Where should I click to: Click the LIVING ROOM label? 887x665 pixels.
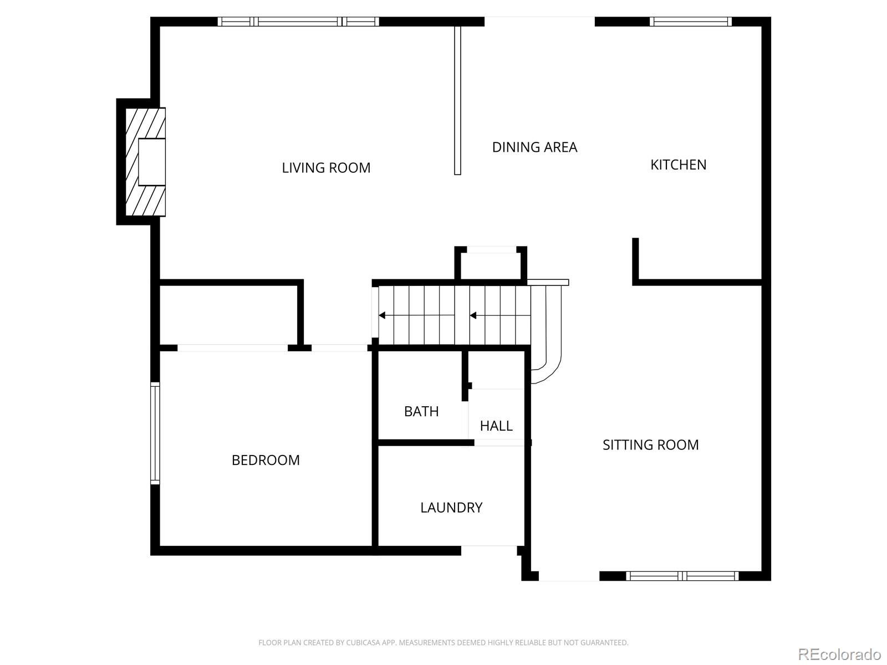click(326, 168)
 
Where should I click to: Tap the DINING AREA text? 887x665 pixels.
click(534, 147)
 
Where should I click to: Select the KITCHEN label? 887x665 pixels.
click(678, 165)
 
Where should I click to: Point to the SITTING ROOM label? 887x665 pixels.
click(650, 445)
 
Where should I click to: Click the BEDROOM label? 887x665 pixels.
click(266, 460)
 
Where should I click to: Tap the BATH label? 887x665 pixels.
click(421, 412)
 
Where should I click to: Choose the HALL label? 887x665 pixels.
click(496, 426)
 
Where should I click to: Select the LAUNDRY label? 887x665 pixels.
click(451, 508)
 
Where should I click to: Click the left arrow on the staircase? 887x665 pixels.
click(383, 315)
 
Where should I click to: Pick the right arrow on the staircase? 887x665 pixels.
click(473, 315)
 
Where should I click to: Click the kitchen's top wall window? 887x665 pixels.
click(690, 22)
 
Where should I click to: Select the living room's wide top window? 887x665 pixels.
click(298, 22)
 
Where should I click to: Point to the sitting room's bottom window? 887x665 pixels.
click(682, 576)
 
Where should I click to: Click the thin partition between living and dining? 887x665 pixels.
click(457, 100)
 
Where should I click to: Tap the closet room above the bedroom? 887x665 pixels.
click(230, 315)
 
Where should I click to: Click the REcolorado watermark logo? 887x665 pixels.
click(839, 654)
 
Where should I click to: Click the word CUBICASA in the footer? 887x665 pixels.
click(362, 643)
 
